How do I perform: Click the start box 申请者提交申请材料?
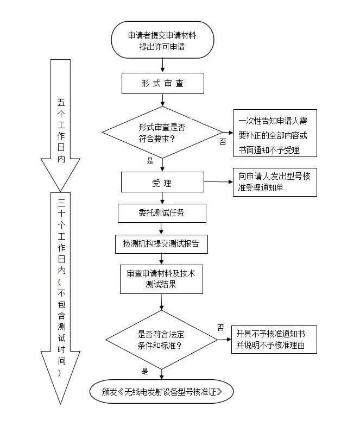[x=162, y=40]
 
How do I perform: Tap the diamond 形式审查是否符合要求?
[x=162, y=132]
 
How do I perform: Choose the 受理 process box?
[x=162, y=183]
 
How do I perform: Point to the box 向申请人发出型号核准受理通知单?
[x=275, y=182]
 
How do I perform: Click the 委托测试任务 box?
[x=162, y=212]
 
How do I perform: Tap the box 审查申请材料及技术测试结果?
[x=162, y=278]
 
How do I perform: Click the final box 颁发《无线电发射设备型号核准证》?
[x=162, y=391]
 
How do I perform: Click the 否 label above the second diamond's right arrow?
[x=220, y=327]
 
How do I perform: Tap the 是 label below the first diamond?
[x=150, y=161]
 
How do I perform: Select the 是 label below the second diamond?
[x=144, y=371]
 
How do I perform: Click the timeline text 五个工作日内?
[x=61, y=130]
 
